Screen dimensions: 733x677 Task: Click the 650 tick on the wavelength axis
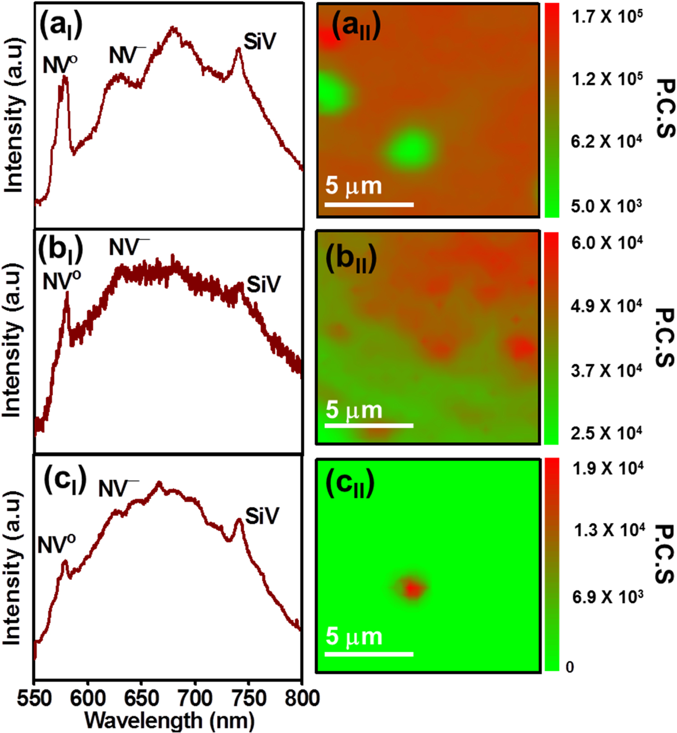(141, 699)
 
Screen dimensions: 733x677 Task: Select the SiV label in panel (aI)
(260, 42)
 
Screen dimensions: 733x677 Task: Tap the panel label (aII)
(356, 27)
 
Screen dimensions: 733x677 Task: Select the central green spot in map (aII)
(410, 147)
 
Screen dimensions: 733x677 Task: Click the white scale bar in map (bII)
(369, 425)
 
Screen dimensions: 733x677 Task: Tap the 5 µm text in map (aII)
(353, 185)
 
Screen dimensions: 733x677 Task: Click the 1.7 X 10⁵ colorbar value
(607, 17)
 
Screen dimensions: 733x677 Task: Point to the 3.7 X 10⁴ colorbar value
(606, 371)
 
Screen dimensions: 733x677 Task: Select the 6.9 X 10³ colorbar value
(607, 597)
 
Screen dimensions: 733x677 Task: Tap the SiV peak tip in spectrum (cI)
(239, 520)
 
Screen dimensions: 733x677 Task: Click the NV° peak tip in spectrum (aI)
(65, 77)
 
